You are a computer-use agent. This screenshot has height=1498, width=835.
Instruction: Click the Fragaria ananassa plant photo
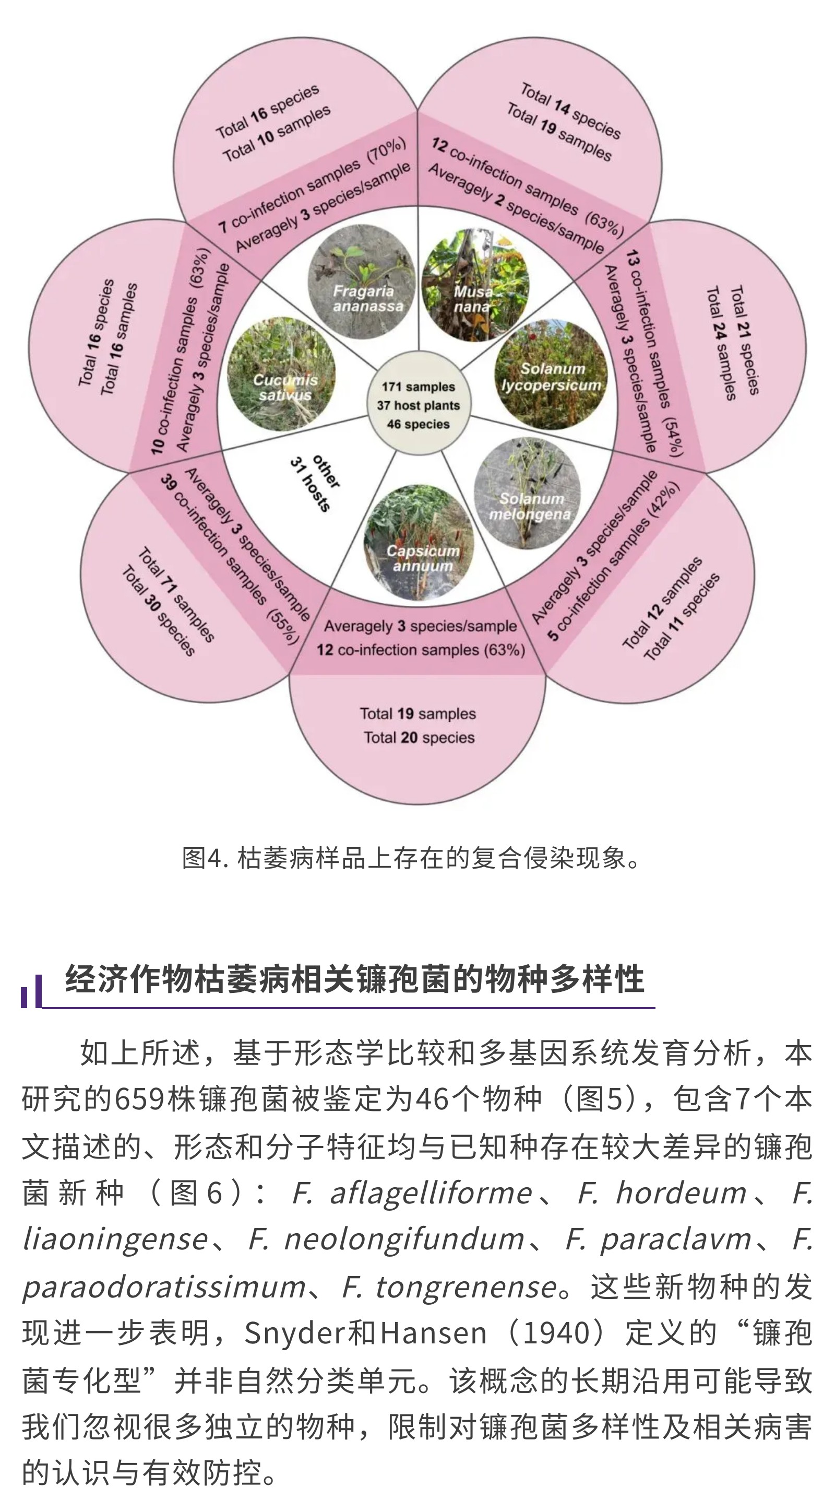362,283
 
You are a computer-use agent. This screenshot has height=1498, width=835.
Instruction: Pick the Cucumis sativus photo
282,374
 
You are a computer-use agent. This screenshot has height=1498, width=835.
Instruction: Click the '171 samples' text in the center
419,387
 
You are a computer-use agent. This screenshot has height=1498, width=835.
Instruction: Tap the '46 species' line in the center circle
419,424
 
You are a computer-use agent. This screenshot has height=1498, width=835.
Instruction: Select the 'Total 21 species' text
744,340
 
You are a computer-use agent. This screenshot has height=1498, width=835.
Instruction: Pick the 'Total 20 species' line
419,738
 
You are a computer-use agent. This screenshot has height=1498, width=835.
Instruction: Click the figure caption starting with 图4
411,858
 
